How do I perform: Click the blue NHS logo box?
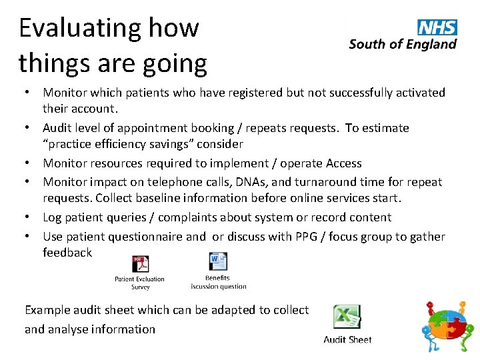[437, 27]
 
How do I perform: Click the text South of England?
[403, 45]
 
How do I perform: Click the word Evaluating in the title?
[73, 28]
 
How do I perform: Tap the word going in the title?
[179, 64]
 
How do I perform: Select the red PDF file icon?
[140, 264]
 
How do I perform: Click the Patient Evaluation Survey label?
[140, 283]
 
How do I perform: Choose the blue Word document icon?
[218, 261]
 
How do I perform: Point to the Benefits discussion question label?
[218, 282]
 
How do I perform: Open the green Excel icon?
[347, 317]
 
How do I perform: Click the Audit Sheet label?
[347, 339]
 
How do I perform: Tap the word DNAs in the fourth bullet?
[283, 181]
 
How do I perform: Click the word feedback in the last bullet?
[67, 253]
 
